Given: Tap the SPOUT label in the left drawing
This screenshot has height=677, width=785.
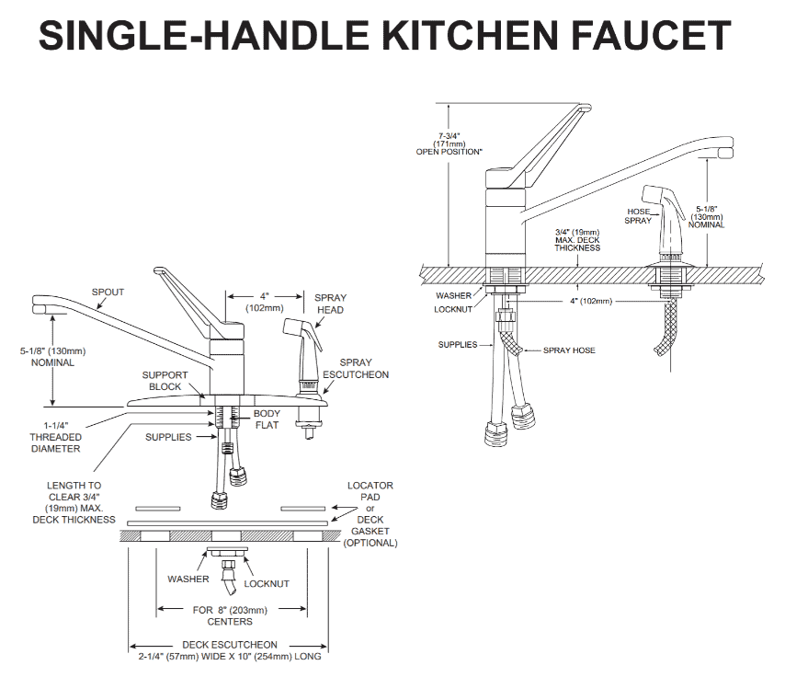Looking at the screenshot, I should pyautogui.click(x=108, y=293).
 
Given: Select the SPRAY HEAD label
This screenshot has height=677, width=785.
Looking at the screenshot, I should pyautogui.click(x=330, y=304).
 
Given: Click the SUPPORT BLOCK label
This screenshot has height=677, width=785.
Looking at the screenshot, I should pyautogui.click(x=165, y=381).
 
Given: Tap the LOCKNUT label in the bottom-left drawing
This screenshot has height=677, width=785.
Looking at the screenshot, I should pyautogui.click(x=267, y=583).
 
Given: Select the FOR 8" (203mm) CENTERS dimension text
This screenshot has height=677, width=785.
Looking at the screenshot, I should pyautogui.click(x=230, y=615).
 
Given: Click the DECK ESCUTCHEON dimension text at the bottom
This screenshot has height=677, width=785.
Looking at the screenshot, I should pyautogui.click(x=229, y=650).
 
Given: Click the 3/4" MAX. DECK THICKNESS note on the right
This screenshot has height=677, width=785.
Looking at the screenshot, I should pyautogui.click(x=577, y=240).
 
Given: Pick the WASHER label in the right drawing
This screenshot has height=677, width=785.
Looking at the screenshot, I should pyautogui.click(x=454, y=296).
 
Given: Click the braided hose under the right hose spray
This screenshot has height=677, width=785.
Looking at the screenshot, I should pyautogui.click(x=671, y=323).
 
